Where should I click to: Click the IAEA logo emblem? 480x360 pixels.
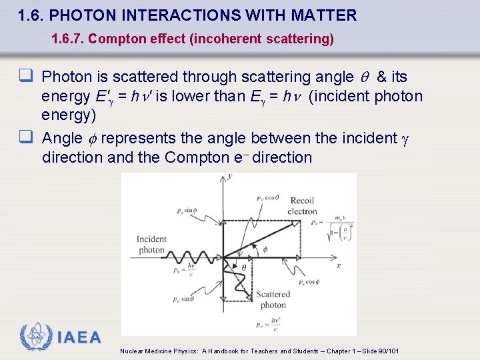click(x=35, y=337)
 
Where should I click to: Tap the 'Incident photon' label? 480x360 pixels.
click(x=151, y=245)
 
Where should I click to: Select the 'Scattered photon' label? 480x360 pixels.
click(x=273, y=300)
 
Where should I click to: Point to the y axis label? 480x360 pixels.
click(x=229, y=177)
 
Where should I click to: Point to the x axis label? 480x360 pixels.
click(x=339, y=265)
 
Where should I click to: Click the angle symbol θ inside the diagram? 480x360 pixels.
click(x=244, y=267)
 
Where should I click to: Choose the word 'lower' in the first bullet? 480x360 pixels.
click(x=201, y=97)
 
